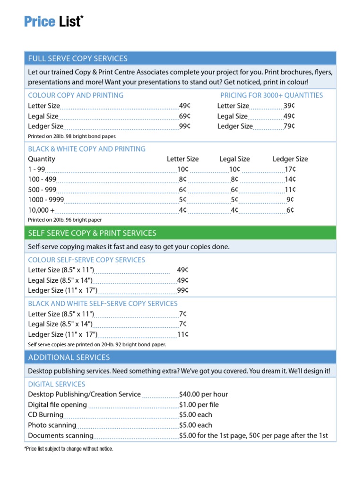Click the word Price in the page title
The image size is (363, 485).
[40, 22]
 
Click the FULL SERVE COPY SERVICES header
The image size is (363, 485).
[78, 59]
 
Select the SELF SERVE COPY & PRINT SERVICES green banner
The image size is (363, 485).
[92, 233]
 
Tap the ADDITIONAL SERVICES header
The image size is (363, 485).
[69, 358]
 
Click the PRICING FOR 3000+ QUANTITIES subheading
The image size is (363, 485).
[272, 95]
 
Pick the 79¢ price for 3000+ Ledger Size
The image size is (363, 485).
[289, 126]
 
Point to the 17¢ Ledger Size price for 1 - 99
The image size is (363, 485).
[290, 170]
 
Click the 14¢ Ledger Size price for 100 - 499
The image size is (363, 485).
[290, 180]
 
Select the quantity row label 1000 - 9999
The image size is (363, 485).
[46, 200]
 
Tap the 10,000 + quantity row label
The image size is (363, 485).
[41, 210]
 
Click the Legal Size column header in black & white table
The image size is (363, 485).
[234, 159]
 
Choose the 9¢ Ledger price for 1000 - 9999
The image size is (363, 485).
[290, 200]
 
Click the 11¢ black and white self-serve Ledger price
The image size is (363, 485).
[182, 334]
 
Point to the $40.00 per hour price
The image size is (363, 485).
[204, 394]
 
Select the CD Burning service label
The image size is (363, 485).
[45, 415]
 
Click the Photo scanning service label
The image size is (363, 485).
[52, 425]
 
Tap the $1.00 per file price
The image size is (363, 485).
[199, 405]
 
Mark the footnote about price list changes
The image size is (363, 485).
[69, 449]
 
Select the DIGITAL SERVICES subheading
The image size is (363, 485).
[57, 384]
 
